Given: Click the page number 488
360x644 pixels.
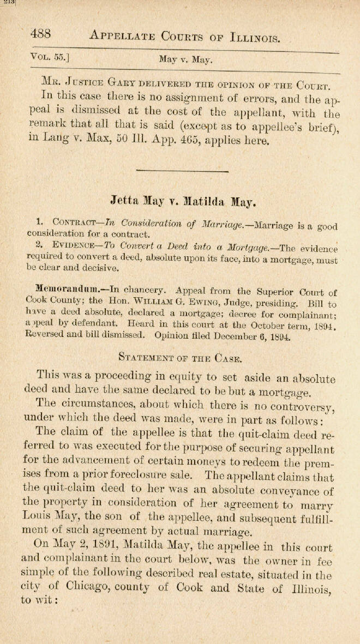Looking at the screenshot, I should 41,33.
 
